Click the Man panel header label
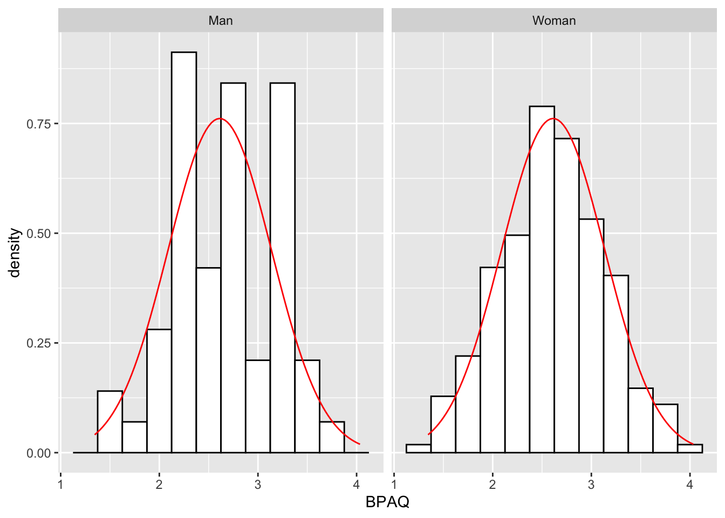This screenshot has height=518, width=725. (221, 21)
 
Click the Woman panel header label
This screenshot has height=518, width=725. (554, 21)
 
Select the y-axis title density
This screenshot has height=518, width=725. (15, 253)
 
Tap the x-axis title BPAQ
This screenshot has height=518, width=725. (387, 502)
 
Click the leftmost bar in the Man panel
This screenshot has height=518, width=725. (110, 422)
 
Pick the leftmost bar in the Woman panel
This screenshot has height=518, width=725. (418, 448)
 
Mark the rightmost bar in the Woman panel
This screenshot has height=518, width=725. (690, 448)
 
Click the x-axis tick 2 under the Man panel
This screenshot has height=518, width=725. (159, 485)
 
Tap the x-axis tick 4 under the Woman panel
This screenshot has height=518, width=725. (690, 485)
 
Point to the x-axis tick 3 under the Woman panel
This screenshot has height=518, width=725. (591, 485)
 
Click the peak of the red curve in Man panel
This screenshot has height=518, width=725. (220, 118)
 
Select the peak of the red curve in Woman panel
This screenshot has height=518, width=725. (553, 118)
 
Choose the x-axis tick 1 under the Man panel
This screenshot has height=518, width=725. (60, 485)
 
